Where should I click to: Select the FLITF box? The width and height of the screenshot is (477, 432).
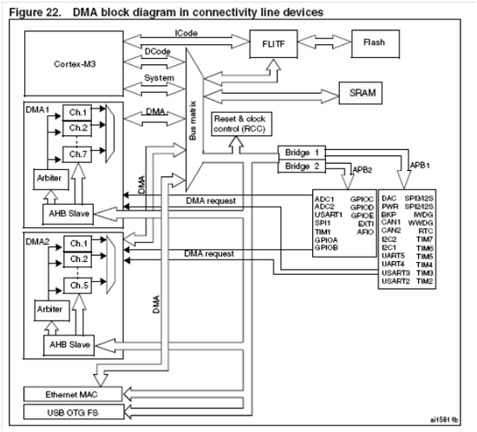266,43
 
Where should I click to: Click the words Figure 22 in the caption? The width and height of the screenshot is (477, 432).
32,11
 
